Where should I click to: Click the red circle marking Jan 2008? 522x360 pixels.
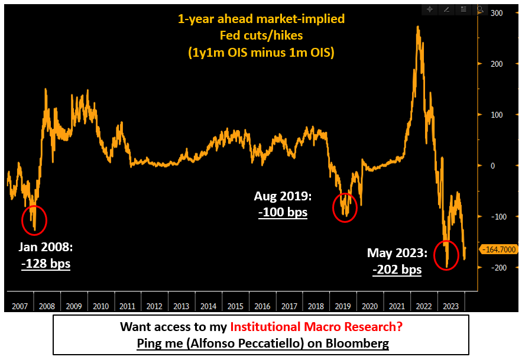[34, 220]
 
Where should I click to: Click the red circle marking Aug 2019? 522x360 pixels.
[345, 207]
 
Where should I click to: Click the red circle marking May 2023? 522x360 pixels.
[446, 255]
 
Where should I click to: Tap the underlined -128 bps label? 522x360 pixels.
[46, 264]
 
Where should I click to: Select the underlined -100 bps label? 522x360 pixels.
[283, 212]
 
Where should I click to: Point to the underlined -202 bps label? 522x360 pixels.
[397, 270]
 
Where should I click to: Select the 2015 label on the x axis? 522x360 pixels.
[235, 306]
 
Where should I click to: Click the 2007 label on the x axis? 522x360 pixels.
[20, 306]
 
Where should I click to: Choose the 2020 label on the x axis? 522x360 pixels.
[370, 306]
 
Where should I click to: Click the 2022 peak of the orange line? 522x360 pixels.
[418, 27]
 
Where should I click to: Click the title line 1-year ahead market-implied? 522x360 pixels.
[261, 19]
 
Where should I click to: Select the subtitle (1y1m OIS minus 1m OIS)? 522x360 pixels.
[261, 53]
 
